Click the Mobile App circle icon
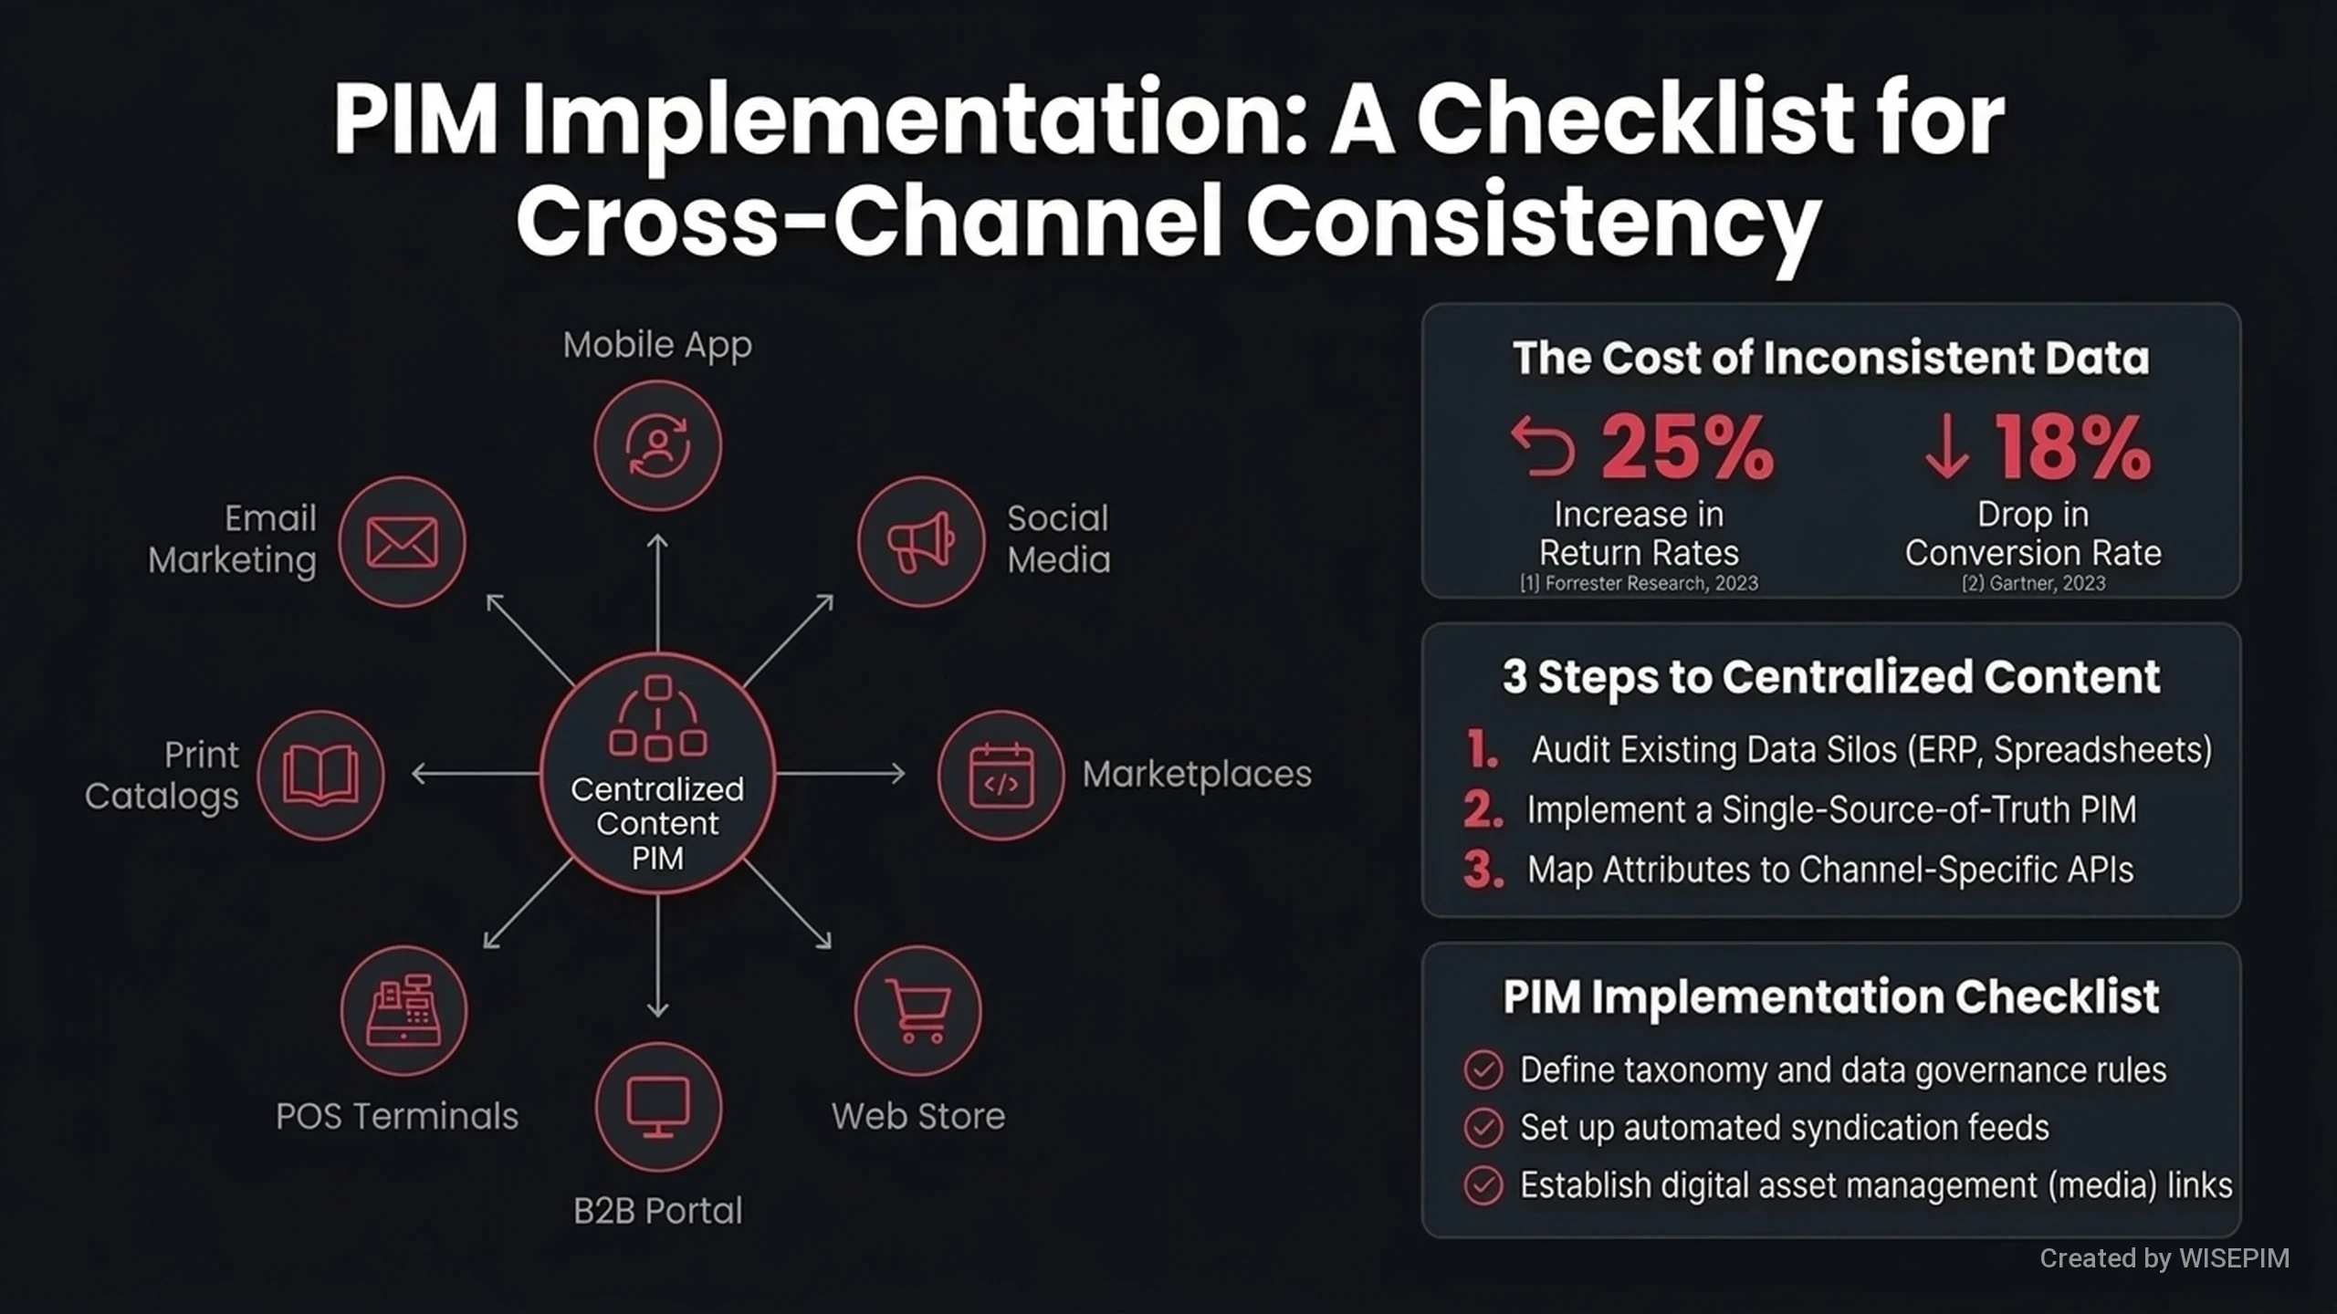point(657,446)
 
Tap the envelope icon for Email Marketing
point(402,542)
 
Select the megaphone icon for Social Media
point(921,542)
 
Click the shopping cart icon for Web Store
point(918,1011)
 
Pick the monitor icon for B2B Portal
point(657,1107)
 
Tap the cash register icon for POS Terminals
point(403,1011)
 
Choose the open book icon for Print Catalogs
point(320,775)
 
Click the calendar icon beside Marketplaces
point(1001,775)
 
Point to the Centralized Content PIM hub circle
point(657,774)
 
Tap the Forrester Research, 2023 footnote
point(1639,583)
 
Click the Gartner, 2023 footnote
point(2033,583)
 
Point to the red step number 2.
point(1483,809)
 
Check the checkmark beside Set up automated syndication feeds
point(1483,1128)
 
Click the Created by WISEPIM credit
point(2164,1258)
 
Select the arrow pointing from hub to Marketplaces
point(840,774)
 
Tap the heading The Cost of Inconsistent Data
point(1830,358)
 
